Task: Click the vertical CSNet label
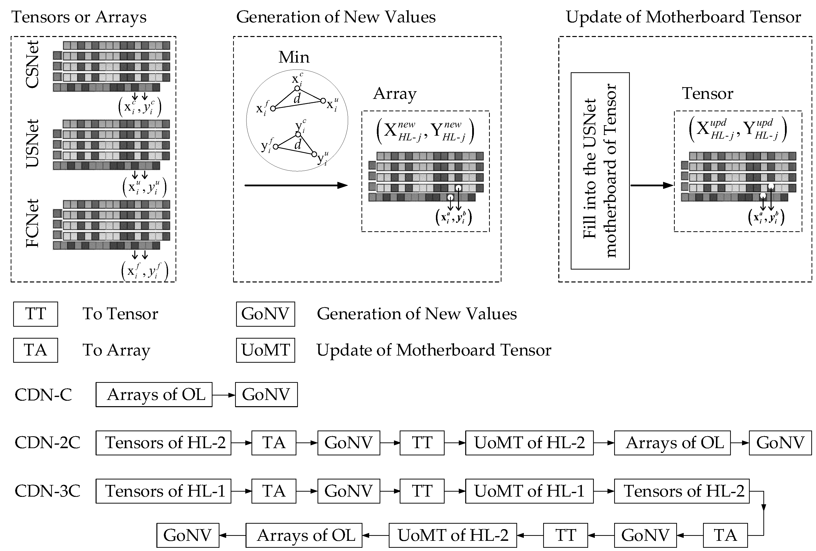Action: click(32, 65)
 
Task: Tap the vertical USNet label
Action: click(32, 143)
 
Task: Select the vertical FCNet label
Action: click(32, 223)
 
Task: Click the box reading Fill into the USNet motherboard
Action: click(600, 171)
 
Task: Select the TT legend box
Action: click(35, 314)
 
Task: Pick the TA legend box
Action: click(35, 350)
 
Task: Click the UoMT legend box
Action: click(265, 350)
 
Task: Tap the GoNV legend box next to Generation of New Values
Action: click(265, 314)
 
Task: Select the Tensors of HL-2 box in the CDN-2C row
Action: click(163, 443)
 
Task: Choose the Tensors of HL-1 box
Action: click(163, 491)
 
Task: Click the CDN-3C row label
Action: click(47, 491)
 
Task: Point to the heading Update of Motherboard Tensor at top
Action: click(683, 17)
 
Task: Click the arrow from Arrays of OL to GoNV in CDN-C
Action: click(224, 395)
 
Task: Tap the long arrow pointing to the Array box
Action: click(296, 185)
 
